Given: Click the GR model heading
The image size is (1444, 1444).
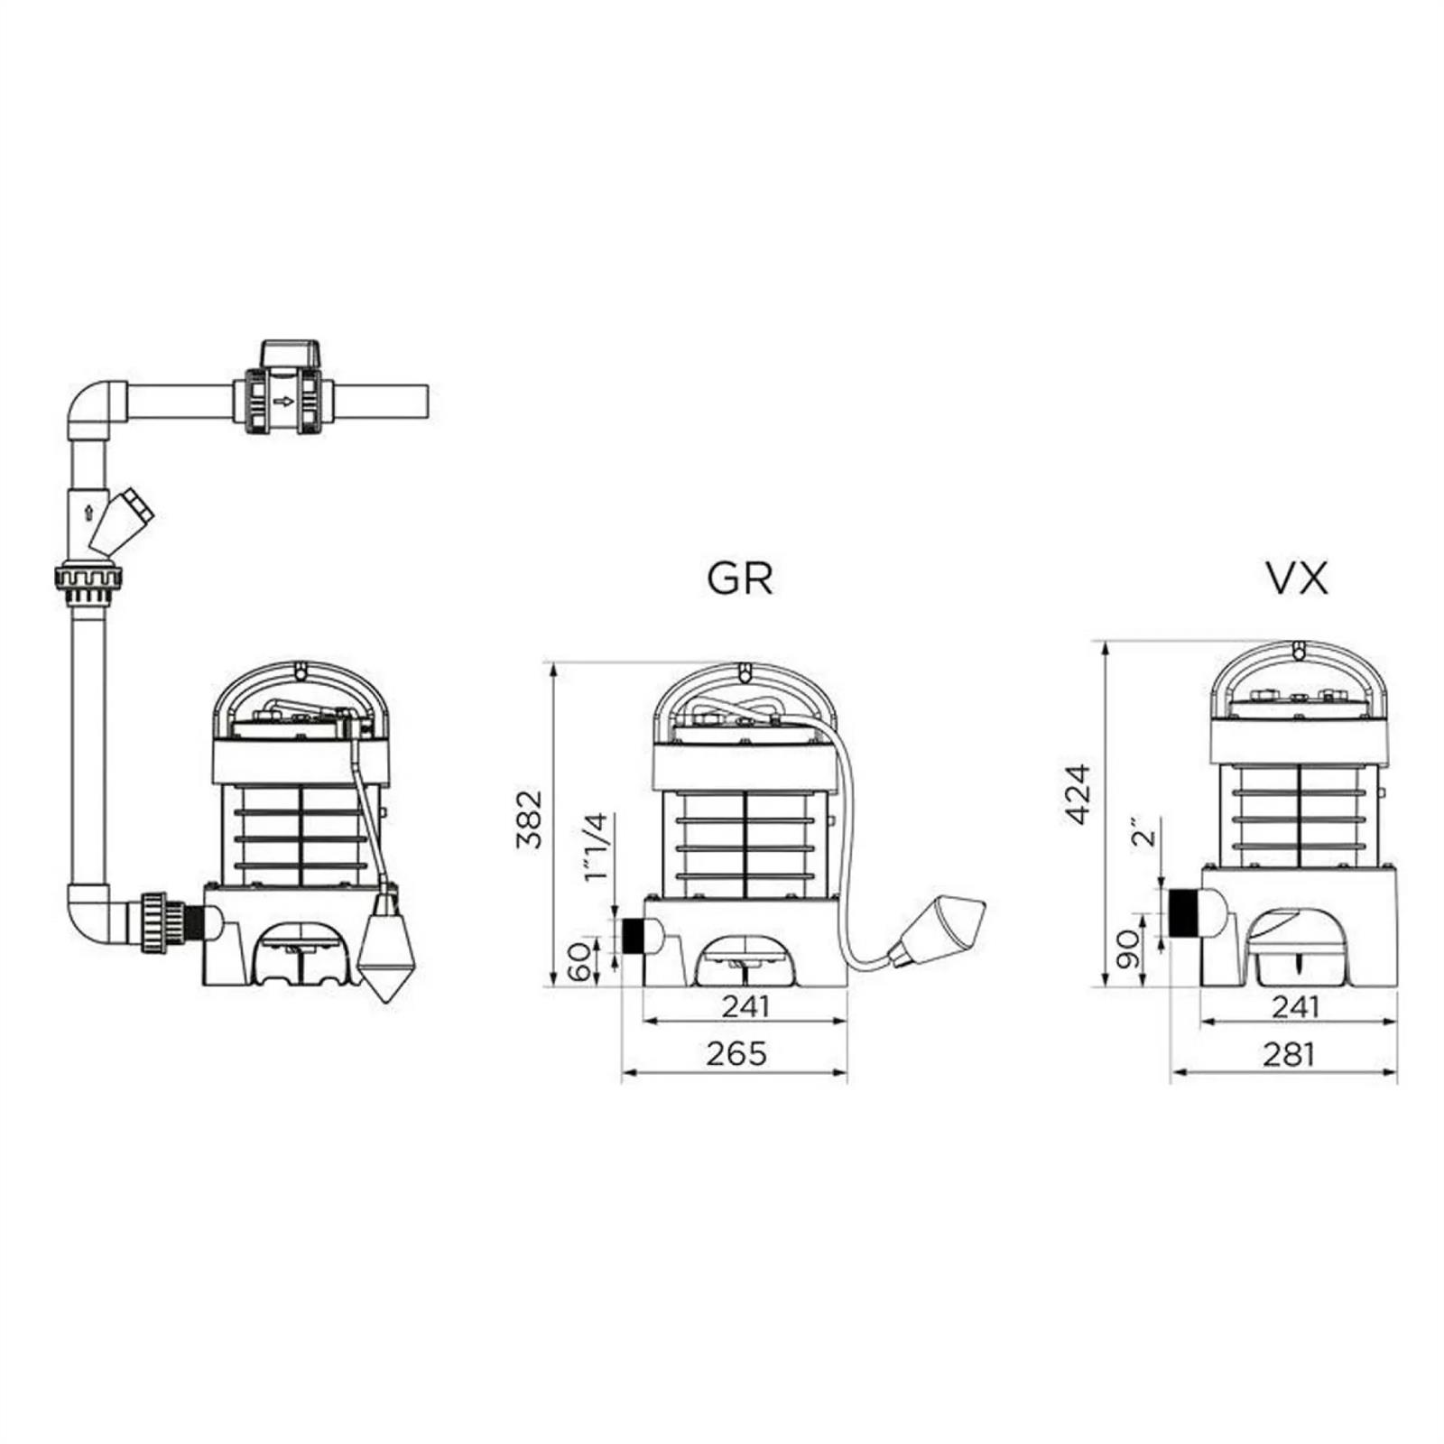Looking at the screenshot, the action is click(740, 579).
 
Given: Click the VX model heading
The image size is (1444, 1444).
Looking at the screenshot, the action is click(1298, 579).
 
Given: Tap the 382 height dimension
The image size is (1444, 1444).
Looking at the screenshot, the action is click(530, 819).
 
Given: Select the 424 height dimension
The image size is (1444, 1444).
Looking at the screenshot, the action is click(1078, 794).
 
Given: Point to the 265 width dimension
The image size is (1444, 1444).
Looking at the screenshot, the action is click(736, 1053).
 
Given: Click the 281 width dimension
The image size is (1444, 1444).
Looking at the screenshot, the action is click(1289, 1053).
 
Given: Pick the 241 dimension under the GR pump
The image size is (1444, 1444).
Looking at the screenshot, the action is click(745, 1005).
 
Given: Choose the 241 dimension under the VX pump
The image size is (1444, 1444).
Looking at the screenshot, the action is click(1296, 1005).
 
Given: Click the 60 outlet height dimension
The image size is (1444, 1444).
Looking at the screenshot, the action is click(582, 960).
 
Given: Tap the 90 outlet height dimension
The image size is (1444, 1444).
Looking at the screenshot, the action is click(1128, 949).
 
